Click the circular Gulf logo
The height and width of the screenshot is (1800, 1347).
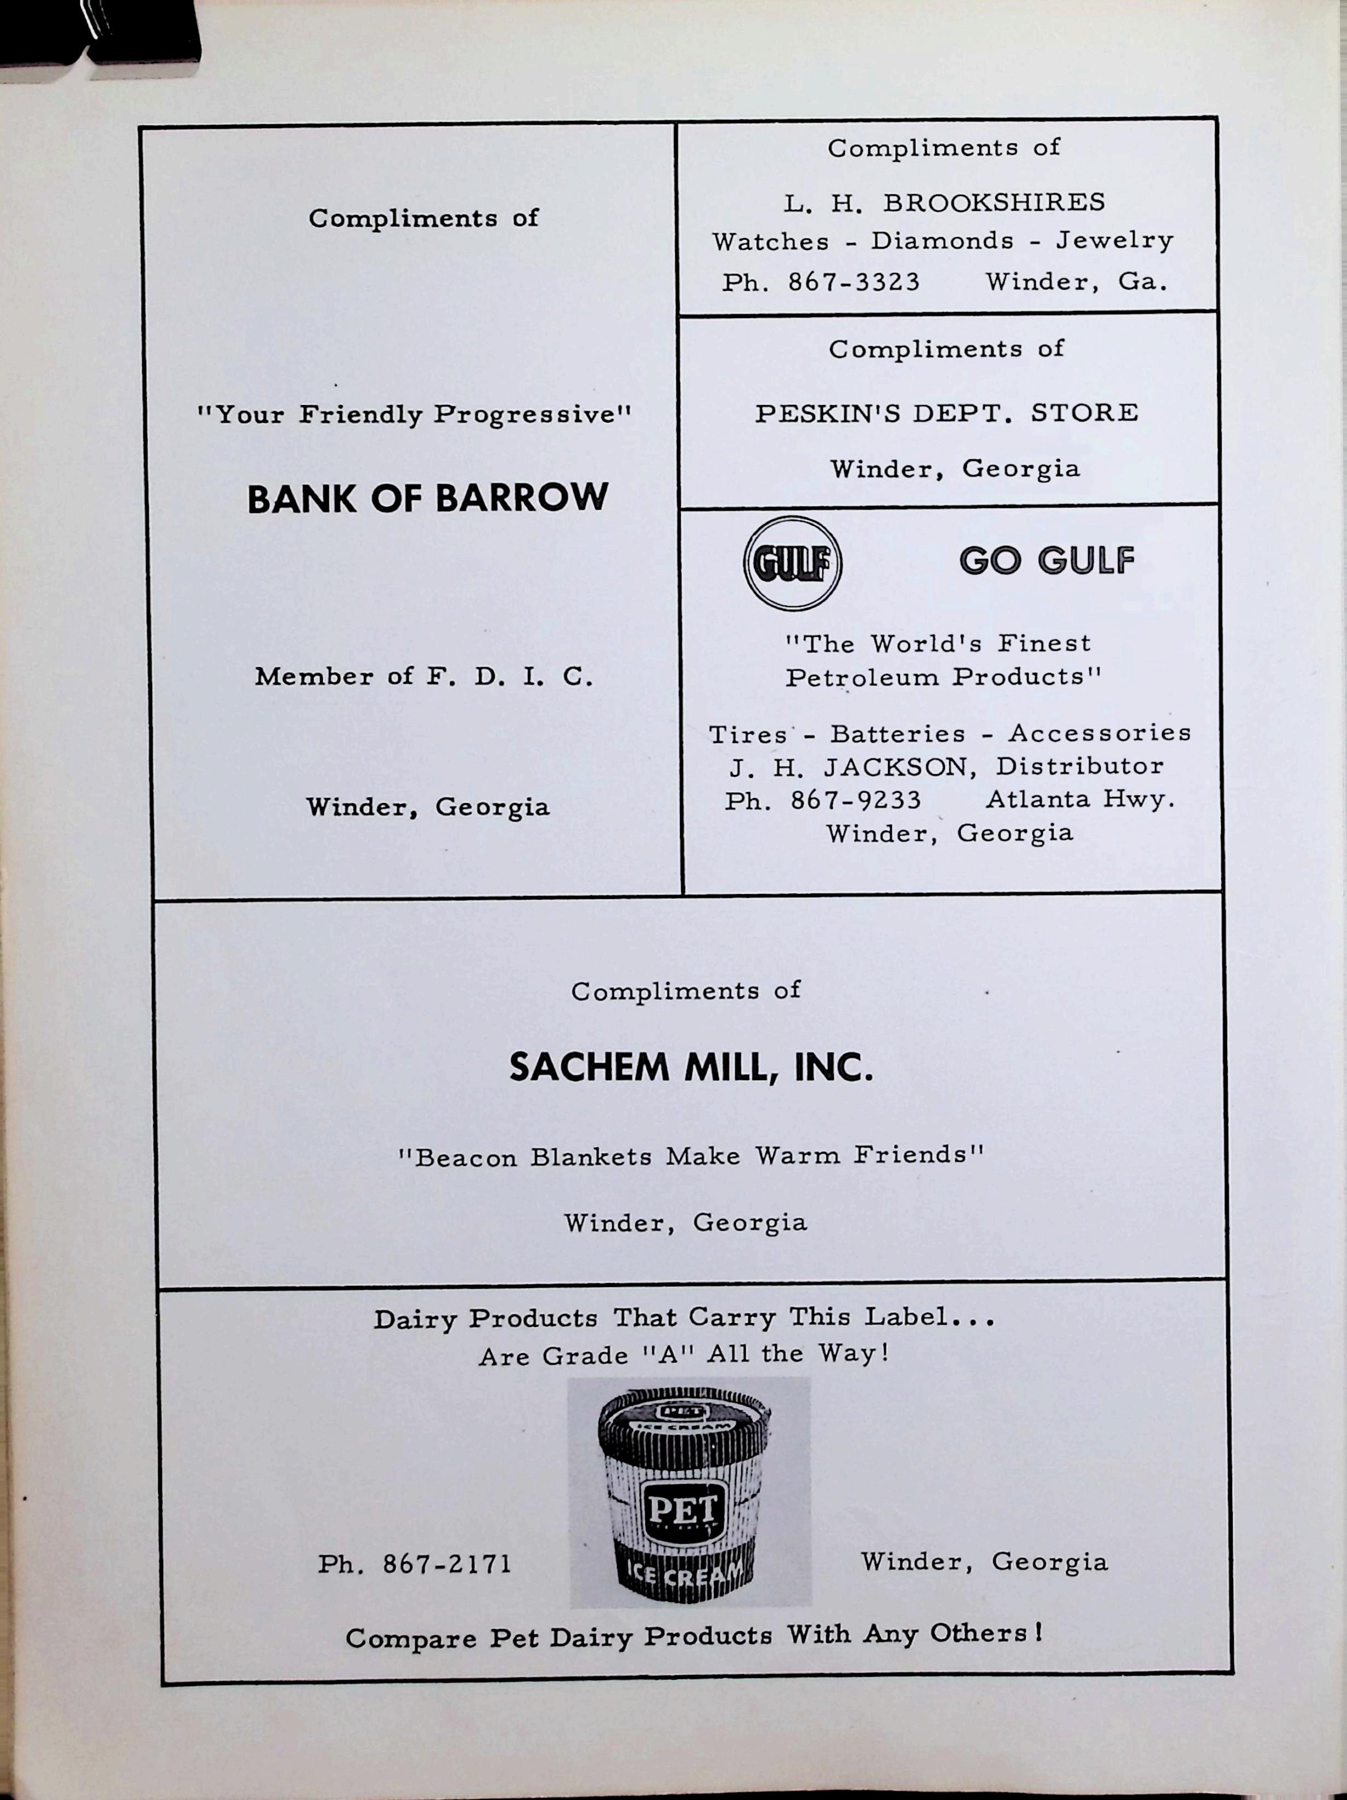pyautogui.click(x=792, y=563)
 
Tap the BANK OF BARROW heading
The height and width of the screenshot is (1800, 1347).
pyautogui.click(x=427, y=498)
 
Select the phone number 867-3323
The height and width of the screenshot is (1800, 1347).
pyautogui.click(x=854, y=282)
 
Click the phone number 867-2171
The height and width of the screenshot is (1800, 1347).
pyautogui.click(x=446, y=1564)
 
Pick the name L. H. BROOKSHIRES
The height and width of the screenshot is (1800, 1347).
pyautogui.click(x=944, y=203)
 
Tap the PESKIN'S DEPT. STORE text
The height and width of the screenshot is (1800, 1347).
pyautogui.click(x=946, y=413)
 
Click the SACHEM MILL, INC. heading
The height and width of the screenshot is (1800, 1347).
pyautogui.click(x=690, y=1067)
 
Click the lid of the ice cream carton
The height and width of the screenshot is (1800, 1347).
pyautogui.click(x=683, y=1417)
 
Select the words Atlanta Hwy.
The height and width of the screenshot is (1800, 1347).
pyautogui.click(x=1080, y=799)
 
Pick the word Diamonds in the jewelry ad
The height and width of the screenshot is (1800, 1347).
pyautogui.click(x=942, y=241)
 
